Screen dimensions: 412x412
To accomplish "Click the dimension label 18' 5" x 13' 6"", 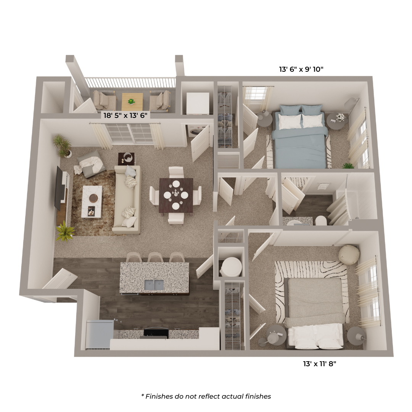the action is click(125, 115).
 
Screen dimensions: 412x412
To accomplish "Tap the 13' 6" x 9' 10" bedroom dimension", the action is click(301, 69).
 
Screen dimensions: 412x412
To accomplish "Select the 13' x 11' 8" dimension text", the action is click(320, 364).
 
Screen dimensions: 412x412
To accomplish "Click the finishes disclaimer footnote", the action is click(206, 396).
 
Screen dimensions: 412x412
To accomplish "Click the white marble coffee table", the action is click(92, 202).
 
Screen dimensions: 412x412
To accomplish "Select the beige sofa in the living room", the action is click(127, 199).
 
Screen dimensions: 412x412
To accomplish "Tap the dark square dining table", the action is click(176, 195).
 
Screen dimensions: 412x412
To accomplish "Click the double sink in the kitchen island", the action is click(154, 285).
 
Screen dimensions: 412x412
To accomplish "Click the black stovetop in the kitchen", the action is click(156, 333).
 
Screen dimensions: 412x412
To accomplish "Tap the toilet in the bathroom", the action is click(320, 221).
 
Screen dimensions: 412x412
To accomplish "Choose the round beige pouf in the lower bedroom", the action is click(348, 254).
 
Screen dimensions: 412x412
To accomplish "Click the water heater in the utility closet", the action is click(231, 267).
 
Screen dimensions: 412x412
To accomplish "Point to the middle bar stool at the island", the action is click(155, 257).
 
